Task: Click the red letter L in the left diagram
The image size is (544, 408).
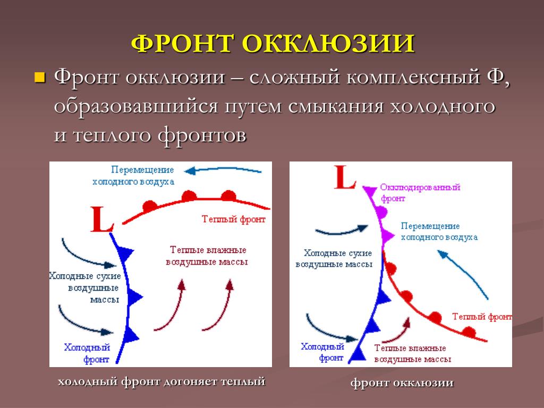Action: click(x=101, y=219)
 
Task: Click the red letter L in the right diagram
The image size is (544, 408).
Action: click(x=345, y=177)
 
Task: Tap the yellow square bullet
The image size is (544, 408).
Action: click(x=40, y=78)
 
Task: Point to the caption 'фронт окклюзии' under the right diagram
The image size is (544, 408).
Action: click(x=402, y=383)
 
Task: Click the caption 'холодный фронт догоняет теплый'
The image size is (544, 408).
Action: click(x=161, y=381)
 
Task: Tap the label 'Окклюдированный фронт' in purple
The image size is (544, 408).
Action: click(x=420, y=193)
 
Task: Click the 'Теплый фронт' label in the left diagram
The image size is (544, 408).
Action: click(x=234, y=219)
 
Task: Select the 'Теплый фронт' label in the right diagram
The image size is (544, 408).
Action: click(x=482, y=317)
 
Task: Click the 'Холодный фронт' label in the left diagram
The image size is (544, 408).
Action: click(x=87, y=353)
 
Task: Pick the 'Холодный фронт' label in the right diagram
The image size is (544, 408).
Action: click(x=322, y=352)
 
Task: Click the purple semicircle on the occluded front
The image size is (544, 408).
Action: click(x=382, y=212)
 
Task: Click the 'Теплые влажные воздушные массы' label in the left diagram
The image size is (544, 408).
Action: click(x=207, y=256)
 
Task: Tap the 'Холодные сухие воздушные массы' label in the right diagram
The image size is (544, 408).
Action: click(x=334, y=259)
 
